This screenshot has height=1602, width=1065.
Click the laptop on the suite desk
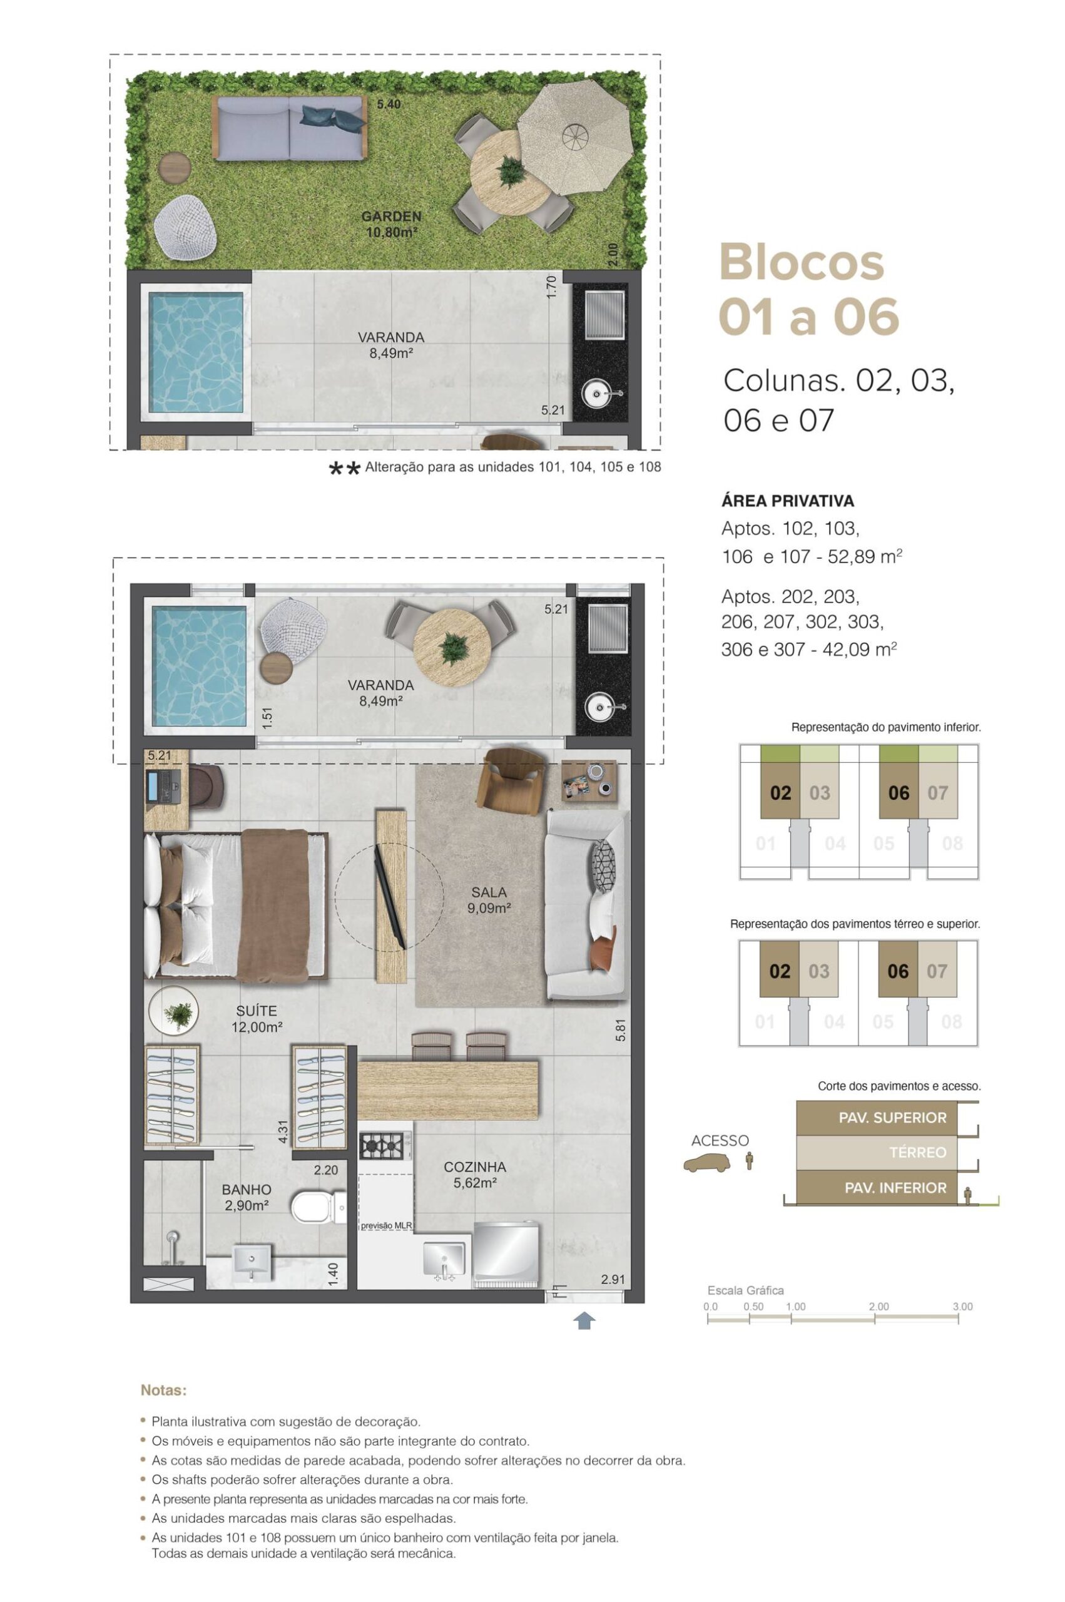(x=161, y=785)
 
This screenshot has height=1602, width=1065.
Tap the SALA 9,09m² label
(x=489, y=900)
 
